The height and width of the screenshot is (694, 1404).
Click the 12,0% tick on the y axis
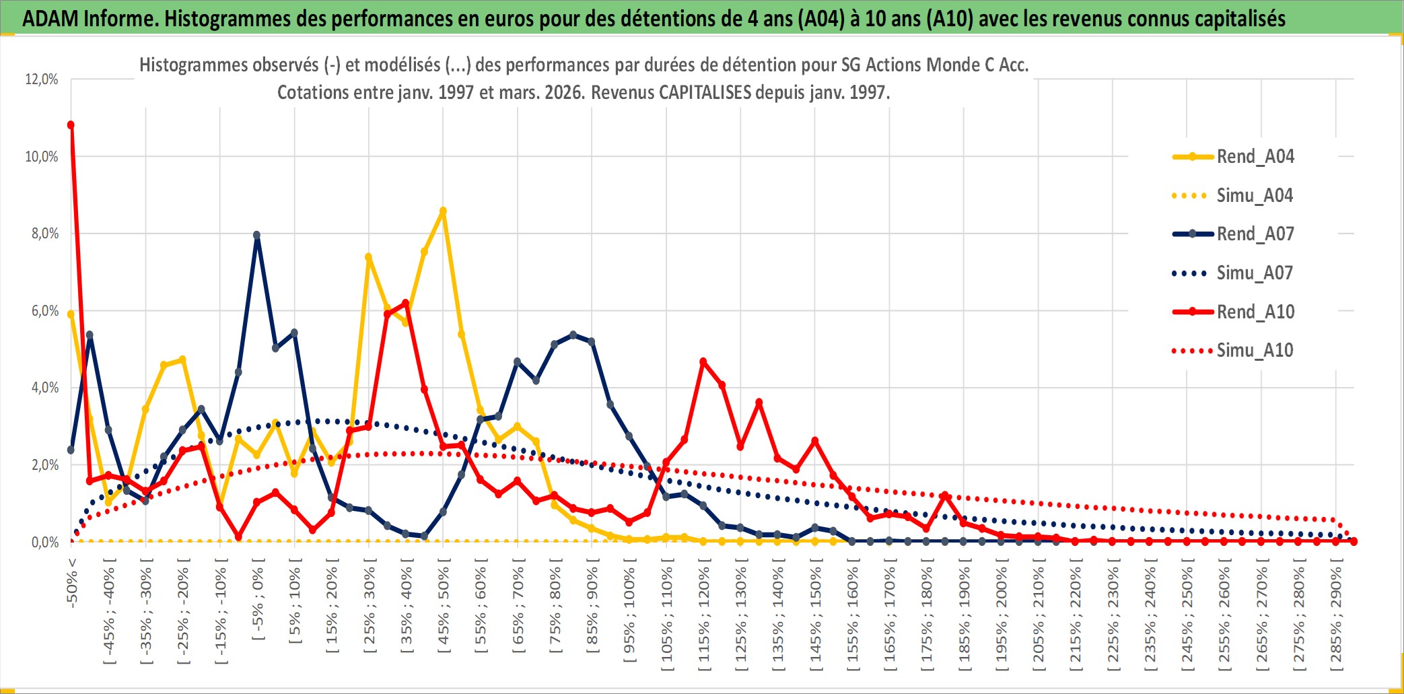click(x=42, y=79)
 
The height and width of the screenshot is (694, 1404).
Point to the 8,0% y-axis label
click(x=42, y=234)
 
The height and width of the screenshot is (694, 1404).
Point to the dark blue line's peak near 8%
click(x=257, y=236)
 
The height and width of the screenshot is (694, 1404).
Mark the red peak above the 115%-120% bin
click(x=703, y=362)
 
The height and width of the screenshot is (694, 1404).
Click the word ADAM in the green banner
click(x=50, y=18)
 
